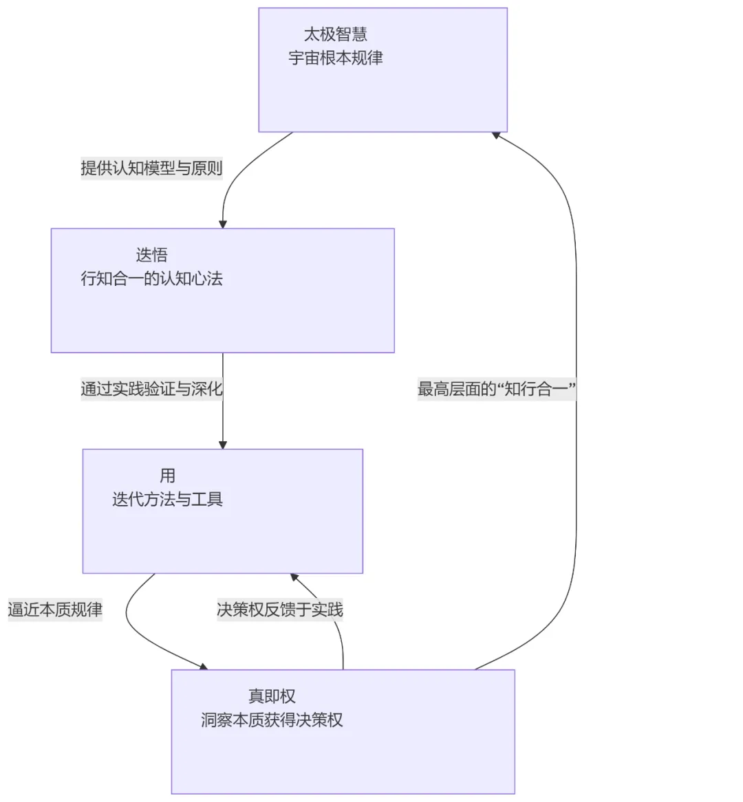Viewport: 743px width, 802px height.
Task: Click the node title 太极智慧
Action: click(336, 34)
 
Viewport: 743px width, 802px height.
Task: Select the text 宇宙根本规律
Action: click(336, 58)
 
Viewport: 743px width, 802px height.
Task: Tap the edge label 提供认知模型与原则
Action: click(151, 168)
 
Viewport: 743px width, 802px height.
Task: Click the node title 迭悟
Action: click(151, 255)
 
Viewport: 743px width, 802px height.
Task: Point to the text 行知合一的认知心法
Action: click(151, 278)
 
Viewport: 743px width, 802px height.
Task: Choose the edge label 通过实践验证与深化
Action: click(151, 389)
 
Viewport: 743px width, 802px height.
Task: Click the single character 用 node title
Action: click(167, 476)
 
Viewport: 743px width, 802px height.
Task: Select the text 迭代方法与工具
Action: click(167, 499)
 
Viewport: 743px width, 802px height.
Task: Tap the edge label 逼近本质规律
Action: click(55, 609)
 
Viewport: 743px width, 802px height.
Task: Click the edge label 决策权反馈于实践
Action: click(279, 609)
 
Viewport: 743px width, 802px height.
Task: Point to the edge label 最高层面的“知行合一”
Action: click(497, 389)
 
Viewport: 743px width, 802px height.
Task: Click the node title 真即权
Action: click(272, 696)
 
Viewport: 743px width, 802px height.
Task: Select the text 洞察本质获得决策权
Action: click(272, 720)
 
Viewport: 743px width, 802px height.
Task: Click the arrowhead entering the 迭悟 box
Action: click(223, 225)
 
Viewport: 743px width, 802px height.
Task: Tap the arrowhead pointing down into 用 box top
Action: click(223, 445)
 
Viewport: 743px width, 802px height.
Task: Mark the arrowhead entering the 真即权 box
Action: click(203, 667)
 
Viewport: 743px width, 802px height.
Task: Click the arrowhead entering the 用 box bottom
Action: click(294, 577)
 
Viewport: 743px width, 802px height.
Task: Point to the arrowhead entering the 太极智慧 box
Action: click(495, 135)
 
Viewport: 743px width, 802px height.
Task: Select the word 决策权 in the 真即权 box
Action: click(319, 720)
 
